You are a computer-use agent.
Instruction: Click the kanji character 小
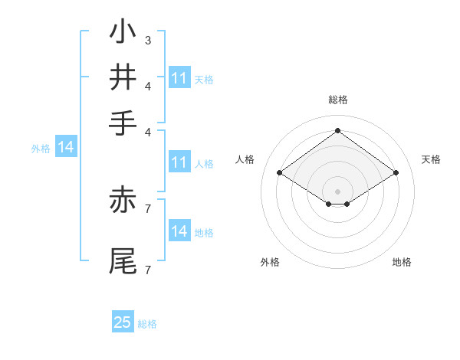[x=123, y=33]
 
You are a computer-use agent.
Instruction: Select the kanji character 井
[x=123, y=77]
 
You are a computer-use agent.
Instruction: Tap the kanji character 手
[x=123, y=122]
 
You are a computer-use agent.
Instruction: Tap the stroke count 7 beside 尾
[x=147, y=270]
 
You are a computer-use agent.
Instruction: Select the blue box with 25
[x=122, y=322]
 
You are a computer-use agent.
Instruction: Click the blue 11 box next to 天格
[x=179, y=78]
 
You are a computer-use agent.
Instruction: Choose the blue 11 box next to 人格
[x=179, y=162]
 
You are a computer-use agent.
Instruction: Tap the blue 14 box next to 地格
[x=179, y=231]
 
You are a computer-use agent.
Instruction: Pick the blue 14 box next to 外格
[x=65, y=148]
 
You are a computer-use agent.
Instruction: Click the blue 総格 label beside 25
[x=147, y=324]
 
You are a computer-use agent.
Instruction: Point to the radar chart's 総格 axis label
[x=337, y=100]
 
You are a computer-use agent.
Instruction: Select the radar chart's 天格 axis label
[x=431, y=159]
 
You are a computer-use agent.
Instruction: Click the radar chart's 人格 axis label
[x=245, y=159]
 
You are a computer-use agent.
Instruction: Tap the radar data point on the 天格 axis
[x=396, y=173]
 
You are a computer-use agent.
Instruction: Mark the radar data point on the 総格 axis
[x=337, y=130]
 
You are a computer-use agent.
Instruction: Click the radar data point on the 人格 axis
[x=279, y=173]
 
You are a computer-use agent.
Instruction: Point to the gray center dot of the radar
[x=337, y=191]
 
